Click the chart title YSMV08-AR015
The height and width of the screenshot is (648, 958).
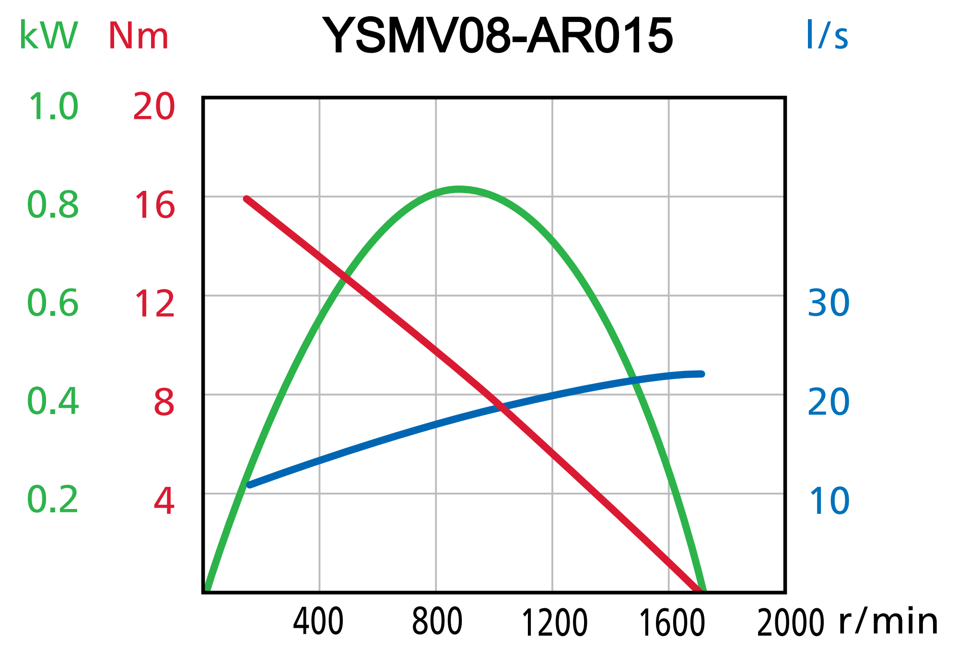(498, 35)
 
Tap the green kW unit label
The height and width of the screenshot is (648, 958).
(48, 35)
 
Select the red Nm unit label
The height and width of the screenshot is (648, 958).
(139, 35)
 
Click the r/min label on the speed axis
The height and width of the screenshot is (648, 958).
(888, 621)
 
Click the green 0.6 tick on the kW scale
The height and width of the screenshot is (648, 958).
(53, 303)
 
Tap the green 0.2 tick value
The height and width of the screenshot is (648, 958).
(53, 500)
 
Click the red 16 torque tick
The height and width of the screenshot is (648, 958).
(154, 206)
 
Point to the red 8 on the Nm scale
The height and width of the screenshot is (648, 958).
(164, 403)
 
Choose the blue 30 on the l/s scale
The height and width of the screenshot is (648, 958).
(829, 303)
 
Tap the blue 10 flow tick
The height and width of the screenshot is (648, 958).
(829, 501)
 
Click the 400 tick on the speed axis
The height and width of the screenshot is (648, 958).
(318, 622)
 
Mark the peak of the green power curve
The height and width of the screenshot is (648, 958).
(459, 190)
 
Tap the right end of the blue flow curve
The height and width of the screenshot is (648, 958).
(701, 374)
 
